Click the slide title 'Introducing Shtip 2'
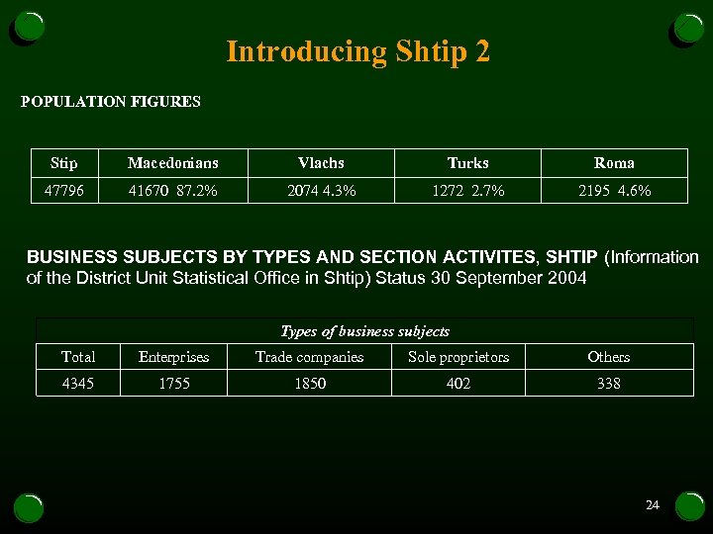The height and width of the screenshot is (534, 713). (357, 51)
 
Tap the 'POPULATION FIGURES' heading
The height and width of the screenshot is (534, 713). (111, 101)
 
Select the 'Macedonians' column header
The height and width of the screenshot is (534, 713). (173, 163)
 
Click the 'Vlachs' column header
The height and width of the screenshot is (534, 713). (321, 163)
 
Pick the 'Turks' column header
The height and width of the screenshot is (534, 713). (467, 163)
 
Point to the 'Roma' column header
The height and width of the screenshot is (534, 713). (614, 163)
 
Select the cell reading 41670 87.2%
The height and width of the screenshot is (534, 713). (173, 190)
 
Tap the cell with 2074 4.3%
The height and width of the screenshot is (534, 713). (321, 190)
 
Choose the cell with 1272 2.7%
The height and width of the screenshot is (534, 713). (467, 190)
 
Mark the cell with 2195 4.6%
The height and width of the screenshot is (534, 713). (614, 190)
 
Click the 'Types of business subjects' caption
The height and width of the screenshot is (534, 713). (364, 331)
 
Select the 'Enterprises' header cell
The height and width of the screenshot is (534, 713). (174, 357)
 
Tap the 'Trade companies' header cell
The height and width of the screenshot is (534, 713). (309, 357)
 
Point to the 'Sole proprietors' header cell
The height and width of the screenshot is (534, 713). (458, 357)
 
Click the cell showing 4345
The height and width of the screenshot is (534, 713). (78, 383)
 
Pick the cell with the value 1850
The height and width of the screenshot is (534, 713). (309, 383)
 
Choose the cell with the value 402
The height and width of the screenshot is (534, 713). (458, 383)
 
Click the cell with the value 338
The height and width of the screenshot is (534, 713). (608, 383)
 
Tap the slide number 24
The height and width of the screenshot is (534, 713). (652, 505)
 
